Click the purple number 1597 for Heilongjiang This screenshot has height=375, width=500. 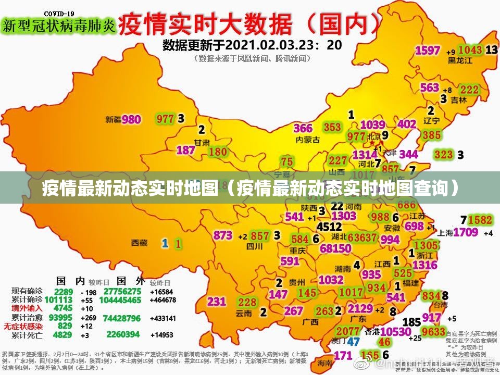(x=428, y=51)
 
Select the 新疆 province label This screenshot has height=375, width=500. (x=113, y=120)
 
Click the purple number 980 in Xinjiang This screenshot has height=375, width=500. (x=131, y=120)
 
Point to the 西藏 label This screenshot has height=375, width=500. (x=139, y=242)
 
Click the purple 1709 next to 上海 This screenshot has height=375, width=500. (x=465, y=232)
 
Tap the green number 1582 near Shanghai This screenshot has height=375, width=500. (x=480, y=220)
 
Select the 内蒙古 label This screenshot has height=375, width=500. (x=306, y=140)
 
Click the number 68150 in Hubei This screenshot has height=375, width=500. (x=335, y=249)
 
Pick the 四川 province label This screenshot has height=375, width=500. (x=254, y=247)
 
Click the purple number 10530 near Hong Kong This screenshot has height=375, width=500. (x=396, y=331)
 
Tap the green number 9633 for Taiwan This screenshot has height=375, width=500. (x=433, y=332)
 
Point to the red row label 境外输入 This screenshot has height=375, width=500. (x=27, y=308)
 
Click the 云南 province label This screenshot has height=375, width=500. (x=244, y=313)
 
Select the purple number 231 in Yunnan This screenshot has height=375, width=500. (x=216, y=302)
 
